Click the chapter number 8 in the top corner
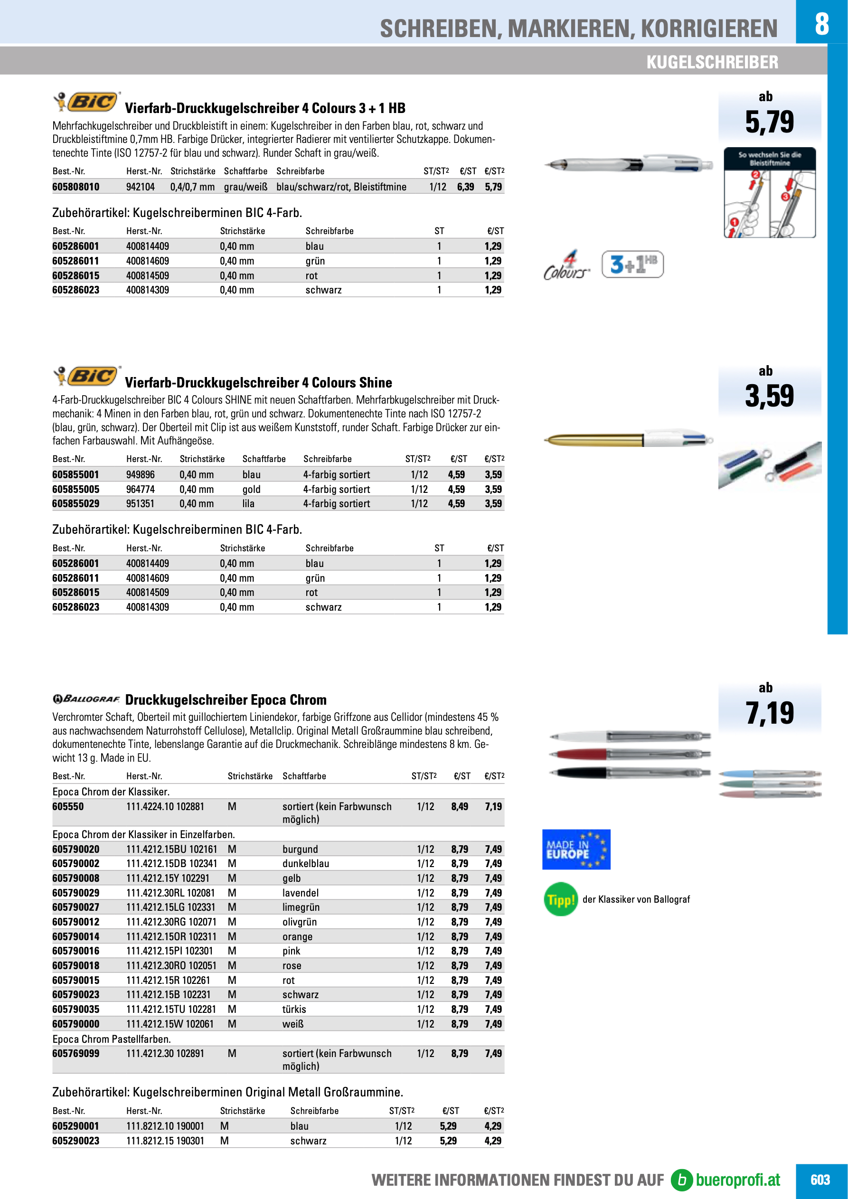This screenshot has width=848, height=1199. pyautogui.click(x=821, y=23)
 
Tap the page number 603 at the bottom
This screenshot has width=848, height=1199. pyautogui.click(x=820, y=1180)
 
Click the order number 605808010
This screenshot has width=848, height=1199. pyautogui.click(x=75, y=187)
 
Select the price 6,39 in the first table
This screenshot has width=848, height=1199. pyautogui.click(x=465, y=187)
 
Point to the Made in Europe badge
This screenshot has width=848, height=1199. pyautogui.click(x=576, y=850)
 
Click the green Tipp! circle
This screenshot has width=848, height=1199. pyautogui.click(x=561, y=899)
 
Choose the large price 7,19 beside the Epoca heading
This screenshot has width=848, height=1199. pyautogui.click(x=769, y=713)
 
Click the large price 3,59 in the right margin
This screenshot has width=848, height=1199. pyautogui.click(x=769, y=396)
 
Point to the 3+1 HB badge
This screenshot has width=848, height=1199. pyautogui.click(x=632, y=264)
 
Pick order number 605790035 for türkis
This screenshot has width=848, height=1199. pyautogui.click(x=75, y=1010)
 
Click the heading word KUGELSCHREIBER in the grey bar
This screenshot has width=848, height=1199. pyautogui.click(x=712, y=62)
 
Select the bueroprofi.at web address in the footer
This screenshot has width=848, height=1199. pyautogui.click(x=737, y=1180)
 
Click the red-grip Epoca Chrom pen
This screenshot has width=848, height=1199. pyautogui.click(x=630, y=754)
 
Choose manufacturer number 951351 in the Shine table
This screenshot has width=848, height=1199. pyautogui.click(x=141, y=504)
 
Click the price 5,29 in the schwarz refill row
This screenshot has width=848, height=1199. pyautogui.click(x=448, y=1141)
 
